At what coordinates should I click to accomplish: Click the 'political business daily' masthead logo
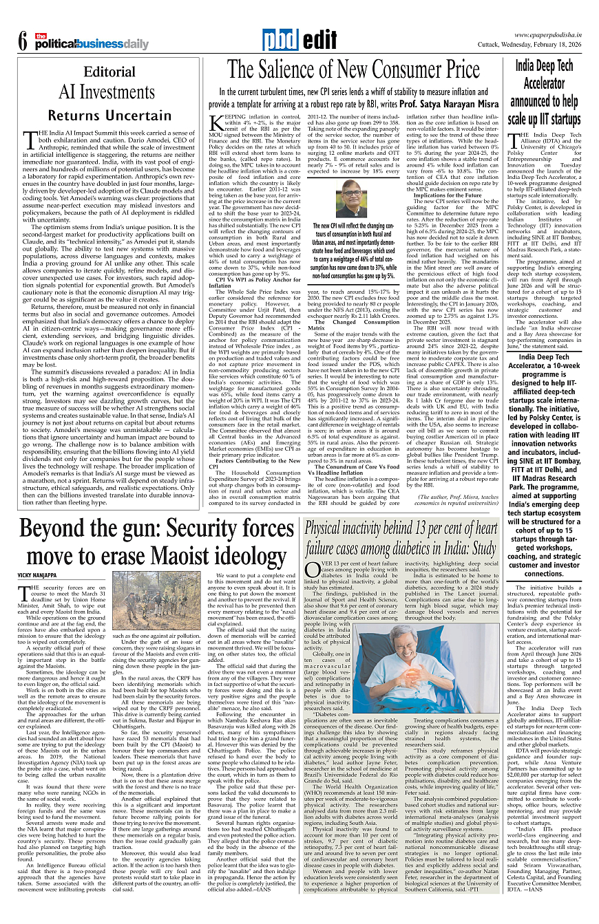93,43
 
